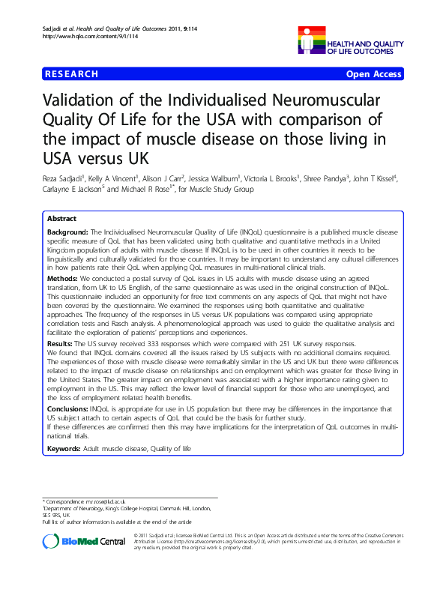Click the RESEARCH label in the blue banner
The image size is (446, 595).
pos(71,74)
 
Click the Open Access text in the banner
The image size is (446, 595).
pos(373,74)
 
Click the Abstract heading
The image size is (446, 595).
pos(61,219)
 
